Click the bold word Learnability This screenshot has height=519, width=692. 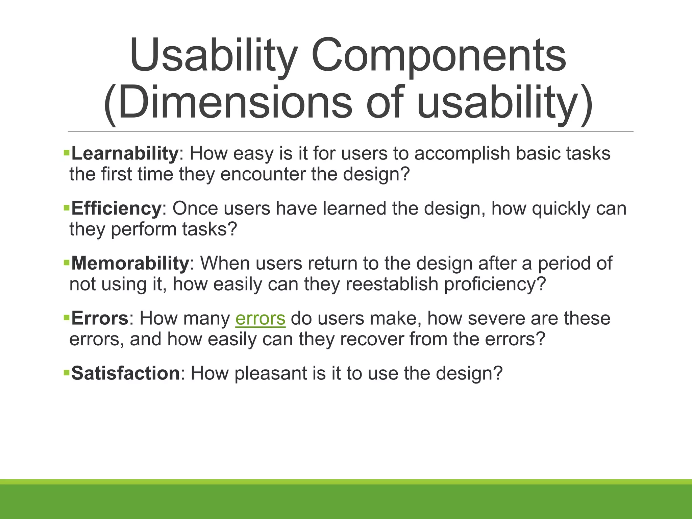[x=124, y=154]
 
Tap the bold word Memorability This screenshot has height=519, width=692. [x=130, y=263]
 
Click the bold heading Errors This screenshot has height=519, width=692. [x=100, y=318]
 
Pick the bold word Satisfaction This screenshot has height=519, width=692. [x=125, y=373]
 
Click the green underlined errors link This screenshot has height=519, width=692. [x=260, y=319]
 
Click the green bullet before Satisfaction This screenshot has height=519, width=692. [x=66, y=373]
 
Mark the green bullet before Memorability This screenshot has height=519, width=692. [x=66, y=263]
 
